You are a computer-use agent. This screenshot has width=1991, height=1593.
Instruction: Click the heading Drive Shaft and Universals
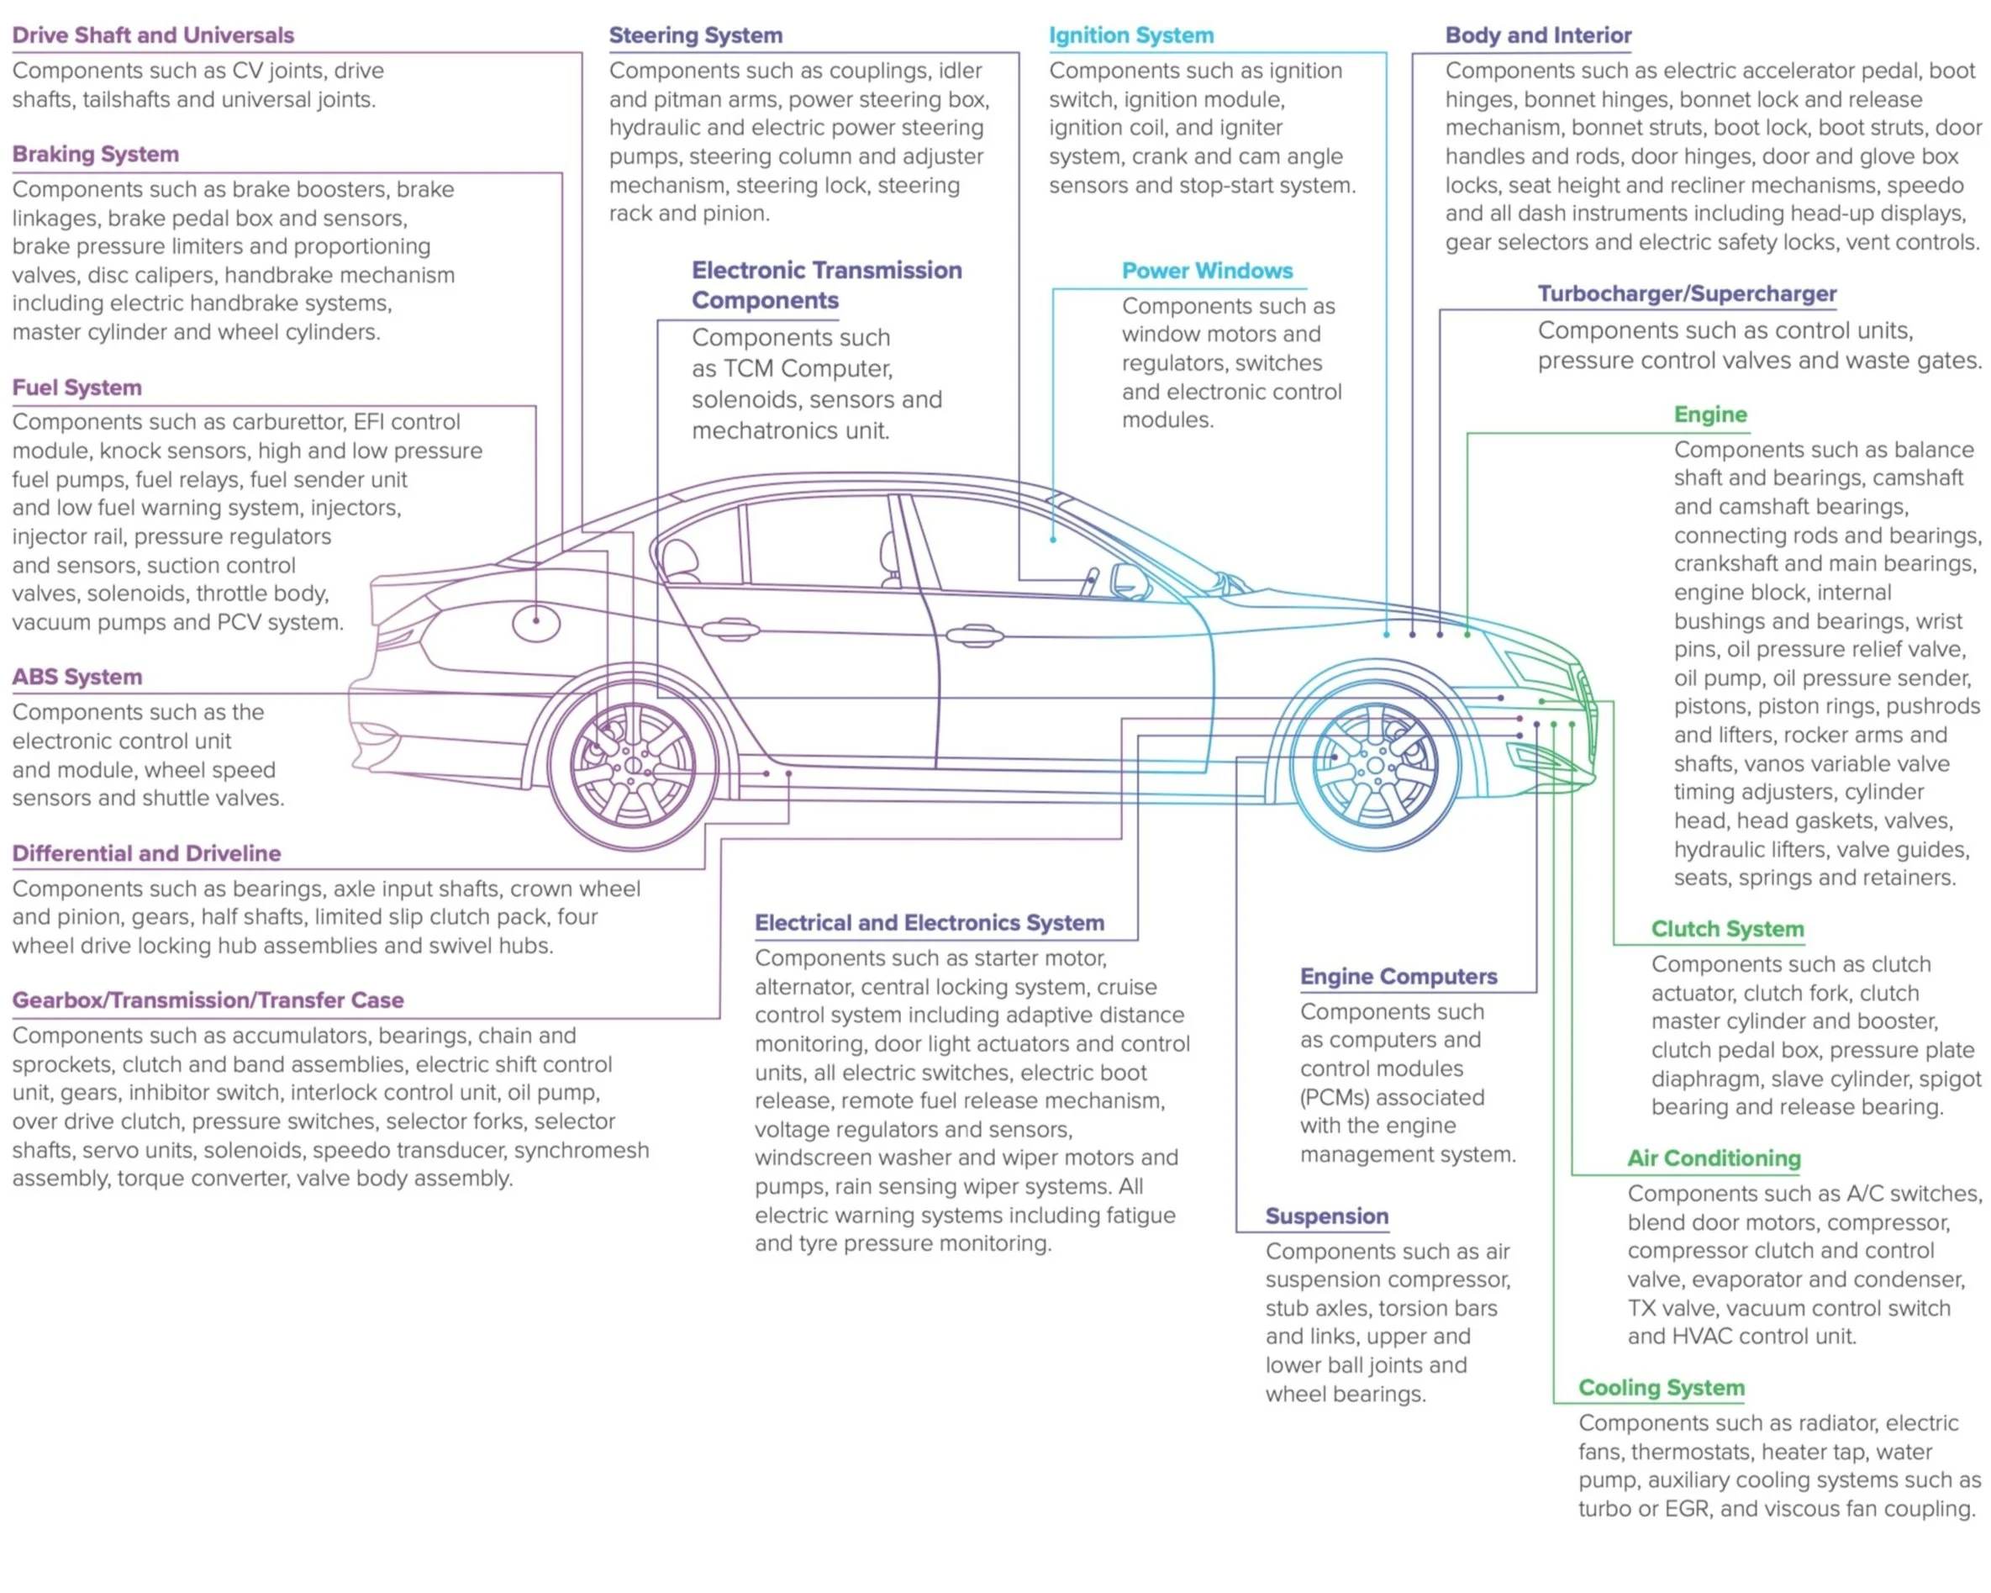click(x=152, y=35)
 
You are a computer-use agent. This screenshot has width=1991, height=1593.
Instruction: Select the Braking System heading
click(x=95, y=154)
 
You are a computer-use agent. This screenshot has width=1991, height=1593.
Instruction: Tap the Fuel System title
click(x=76, y=388)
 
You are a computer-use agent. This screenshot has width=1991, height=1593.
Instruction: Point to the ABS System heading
click(x=76, y=677)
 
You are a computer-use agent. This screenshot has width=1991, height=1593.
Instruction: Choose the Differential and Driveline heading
click(x=146, y=853)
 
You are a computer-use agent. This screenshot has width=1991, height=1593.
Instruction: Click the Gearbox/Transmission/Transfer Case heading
click(x=208, y=1000)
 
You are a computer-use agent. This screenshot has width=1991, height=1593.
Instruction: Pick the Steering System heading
click(x=695, y=35)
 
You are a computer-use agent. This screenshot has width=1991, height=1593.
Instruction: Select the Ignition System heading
click(x=1131, y=35)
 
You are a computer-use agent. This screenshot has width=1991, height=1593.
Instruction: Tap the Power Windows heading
click(x=1207, y=271)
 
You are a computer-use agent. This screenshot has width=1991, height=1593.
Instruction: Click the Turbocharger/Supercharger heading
click(x=1687, y=293)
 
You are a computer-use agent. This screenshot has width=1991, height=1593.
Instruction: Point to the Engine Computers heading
click(x=1398, y=976)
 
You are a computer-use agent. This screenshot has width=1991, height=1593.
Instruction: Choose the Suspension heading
click(x=1326, y=1216)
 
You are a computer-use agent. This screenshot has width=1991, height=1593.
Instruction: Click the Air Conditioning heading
click(x=1714, y=1158)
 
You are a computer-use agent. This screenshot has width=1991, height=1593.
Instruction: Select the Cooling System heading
click(x=1662, y=1388)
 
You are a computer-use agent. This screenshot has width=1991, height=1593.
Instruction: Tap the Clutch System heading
click(x=1727, y=929)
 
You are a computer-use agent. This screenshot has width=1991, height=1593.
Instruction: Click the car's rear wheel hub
click(x=633, y=766)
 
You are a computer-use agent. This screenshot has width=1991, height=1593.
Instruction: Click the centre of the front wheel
click(x=1375, y=766)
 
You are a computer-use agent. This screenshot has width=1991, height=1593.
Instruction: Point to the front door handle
click(x=974, y=636)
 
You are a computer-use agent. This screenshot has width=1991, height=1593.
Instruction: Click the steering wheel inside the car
click(x=1091, y=582)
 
